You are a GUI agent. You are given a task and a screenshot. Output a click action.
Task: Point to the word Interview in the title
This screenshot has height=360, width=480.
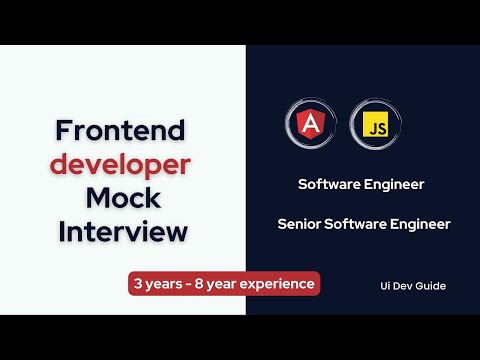pos(123,231)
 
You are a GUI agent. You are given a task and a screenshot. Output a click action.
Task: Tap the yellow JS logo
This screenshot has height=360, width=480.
pos(369,125)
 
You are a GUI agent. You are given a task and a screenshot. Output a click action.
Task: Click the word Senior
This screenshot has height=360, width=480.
pos(300,224)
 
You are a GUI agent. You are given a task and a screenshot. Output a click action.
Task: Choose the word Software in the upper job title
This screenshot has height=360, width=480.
pos(331,184)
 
